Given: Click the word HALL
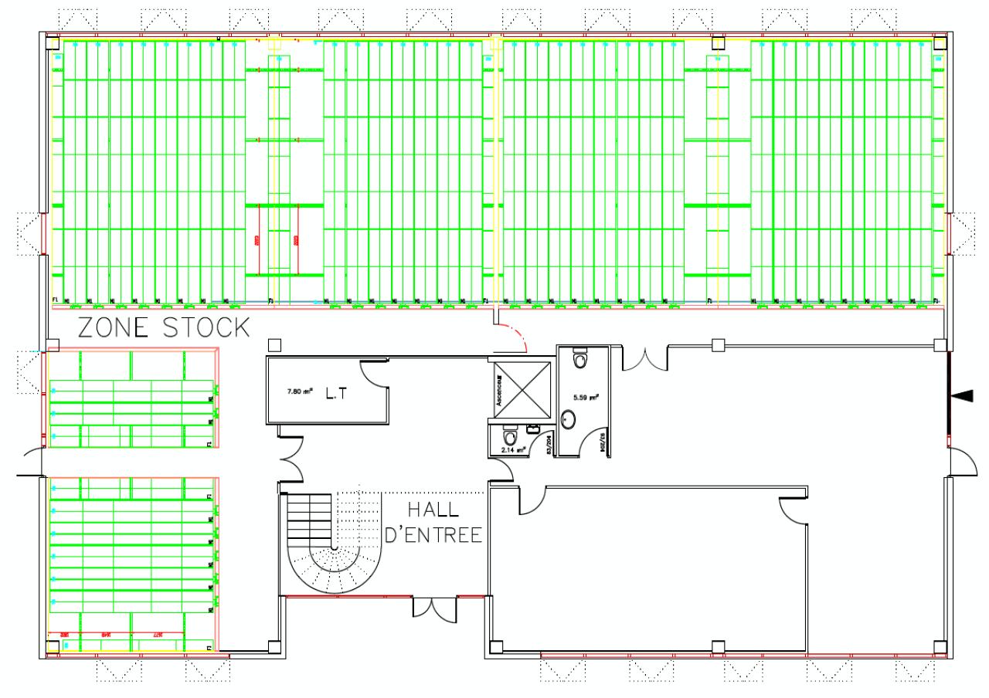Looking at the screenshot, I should click(433, 510).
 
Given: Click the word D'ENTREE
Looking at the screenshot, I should click(433, 534).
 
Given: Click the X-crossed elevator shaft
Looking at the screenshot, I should click(522, 390).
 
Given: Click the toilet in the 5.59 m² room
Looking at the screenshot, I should click(580, 360).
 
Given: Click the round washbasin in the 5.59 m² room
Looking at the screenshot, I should click(569, 419).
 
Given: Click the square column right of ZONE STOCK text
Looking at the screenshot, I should click(272, 344).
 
